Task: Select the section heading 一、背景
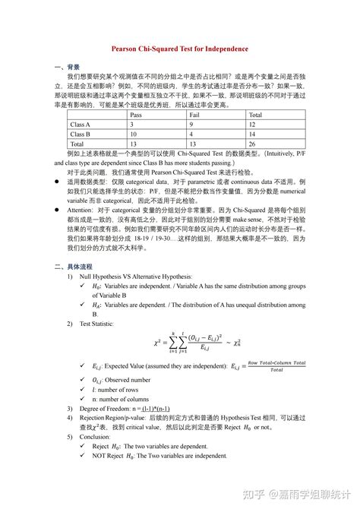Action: click(68, 67)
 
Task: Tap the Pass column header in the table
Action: click(136, 114)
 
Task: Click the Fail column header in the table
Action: click(195, 114)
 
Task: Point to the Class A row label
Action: click(80, 124)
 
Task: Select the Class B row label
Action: click(80, 134)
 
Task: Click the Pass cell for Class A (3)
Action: click(132, 124)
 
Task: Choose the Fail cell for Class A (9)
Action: click(191, 124)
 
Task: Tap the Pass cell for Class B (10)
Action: click(134, 134)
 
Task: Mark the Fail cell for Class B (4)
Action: click(191, 134)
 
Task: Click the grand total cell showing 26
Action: click(253, 144)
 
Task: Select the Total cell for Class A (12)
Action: click(253, 124)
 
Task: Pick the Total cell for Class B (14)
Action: click(253, 134)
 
